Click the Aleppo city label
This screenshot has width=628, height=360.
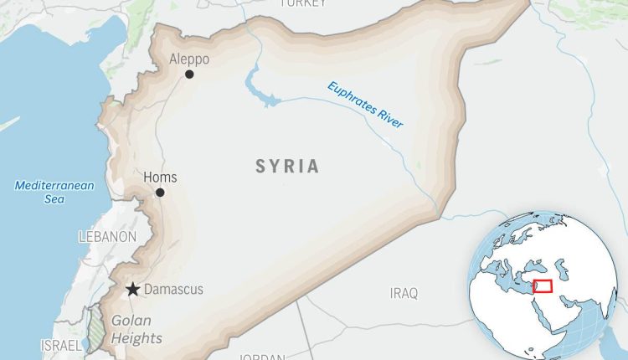[189, 59]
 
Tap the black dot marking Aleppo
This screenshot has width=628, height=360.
[189, 75]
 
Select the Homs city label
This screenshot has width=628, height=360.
[161, 177]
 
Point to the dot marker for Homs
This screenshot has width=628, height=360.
[160, 193]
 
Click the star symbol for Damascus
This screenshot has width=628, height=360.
[132, 290]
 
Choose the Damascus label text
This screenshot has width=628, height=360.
[173, 290]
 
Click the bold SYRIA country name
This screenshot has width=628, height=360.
[287, 167]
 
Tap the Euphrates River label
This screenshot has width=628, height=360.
[365, 105]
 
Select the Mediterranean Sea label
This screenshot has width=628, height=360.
[54, 192]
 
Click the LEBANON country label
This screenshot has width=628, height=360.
[107, 237]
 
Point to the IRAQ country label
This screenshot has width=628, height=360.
[403, 292]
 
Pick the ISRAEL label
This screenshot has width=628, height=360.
[62, 345]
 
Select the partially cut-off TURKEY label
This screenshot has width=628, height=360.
[302, 4]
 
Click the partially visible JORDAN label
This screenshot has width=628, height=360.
[263, 357]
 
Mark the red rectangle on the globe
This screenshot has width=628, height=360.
[543, 285]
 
